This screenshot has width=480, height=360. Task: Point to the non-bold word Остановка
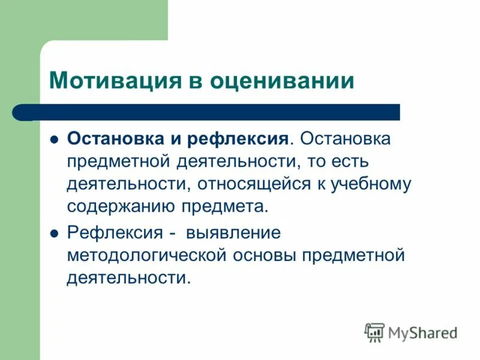tap(345, 139)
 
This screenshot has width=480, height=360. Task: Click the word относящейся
tap(252, 184)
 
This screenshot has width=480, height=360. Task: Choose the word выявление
tap(233, 232)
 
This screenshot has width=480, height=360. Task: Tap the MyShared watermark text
tap(422, 332)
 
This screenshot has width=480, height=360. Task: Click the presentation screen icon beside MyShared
tap(374, 332)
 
